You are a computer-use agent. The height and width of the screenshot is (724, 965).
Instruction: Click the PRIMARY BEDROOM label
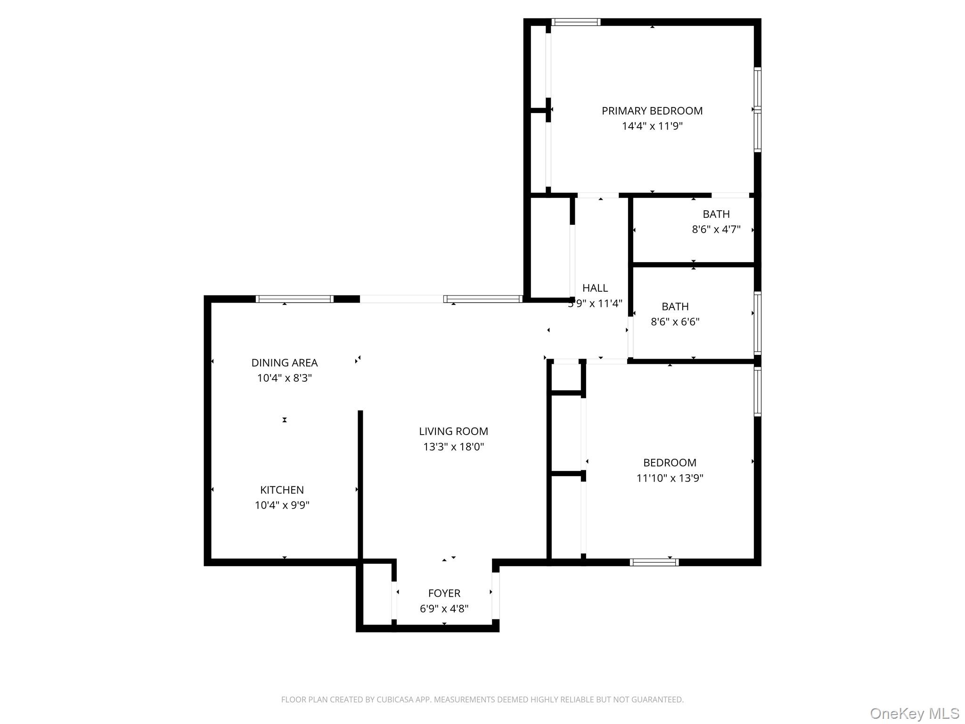[x=652, y=111]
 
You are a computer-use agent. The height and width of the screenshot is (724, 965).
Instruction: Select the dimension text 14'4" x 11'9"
[x=652, y=126]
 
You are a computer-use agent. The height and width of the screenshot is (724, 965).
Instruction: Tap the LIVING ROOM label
[x=453, y=431]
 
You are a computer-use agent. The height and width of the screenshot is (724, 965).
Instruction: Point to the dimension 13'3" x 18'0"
[x=453, y=447]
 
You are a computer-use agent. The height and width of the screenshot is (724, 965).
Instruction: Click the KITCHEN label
[x=282, y=490]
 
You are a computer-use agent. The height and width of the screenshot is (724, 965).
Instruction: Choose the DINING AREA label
[x=284, y=363]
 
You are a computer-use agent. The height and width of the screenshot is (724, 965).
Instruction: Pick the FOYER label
[x=444, y=593]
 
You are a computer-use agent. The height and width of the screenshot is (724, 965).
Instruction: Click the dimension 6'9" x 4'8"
[x=444, y=609]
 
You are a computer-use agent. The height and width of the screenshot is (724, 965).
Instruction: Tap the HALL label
[x=595, y=288]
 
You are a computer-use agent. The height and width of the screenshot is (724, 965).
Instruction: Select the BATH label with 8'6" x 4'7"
[x=716, y=214]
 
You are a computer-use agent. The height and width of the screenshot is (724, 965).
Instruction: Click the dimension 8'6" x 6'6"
[x=675, y=322]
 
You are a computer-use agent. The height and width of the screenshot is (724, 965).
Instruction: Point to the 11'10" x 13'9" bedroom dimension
[x=670, y=478]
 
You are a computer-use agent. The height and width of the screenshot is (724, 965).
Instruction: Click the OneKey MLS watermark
[x=914, y=713]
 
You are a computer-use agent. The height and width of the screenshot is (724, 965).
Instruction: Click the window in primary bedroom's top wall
[x=576, y=22]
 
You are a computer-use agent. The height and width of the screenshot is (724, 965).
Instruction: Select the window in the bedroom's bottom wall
[x=654, y=562]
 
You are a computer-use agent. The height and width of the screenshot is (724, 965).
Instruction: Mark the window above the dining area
[x=294, y=299]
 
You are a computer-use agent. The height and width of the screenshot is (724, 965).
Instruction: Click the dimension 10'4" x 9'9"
[x=282, y=505]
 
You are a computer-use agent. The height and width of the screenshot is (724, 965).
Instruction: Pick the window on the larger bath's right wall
[x=757, y=323]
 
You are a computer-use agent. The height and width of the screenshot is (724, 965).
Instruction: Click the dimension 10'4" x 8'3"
[x=284, y=378]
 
